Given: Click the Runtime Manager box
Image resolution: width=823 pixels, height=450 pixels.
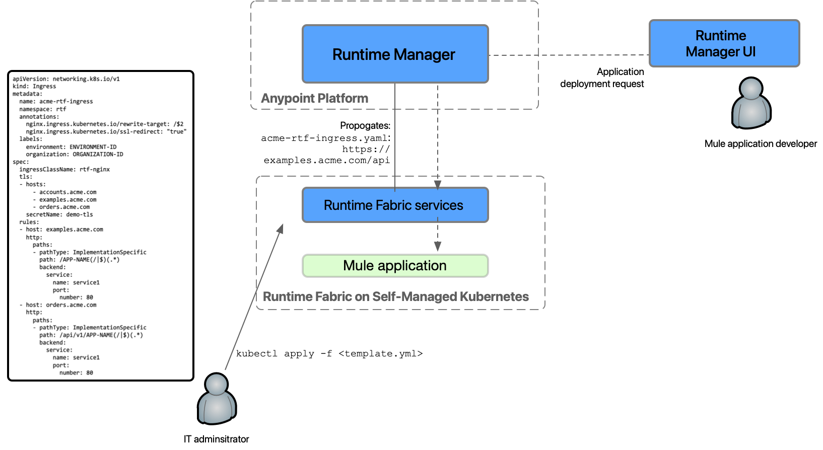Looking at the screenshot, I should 395,54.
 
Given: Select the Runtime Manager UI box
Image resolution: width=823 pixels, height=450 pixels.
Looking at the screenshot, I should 724,43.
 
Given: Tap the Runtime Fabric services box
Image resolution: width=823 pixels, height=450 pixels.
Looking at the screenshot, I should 395,205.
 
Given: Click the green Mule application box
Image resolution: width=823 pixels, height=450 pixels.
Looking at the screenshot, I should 395,266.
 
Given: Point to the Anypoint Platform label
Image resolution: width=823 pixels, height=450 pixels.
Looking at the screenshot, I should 314,98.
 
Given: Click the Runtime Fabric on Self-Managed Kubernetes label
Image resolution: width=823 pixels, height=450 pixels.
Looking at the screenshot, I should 396,296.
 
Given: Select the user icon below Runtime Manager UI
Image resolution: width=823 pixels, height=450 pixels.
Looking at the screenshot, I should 751,103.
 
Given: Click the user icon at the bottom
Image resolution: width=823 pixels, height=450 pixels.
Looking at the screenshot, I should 217,399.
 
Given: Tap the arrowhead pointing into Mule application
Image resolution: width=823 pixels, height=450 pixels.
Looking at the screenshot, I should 438,246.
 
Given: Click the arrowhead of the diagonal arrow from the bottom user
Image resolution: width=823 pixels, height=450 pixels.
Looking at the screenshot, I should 281,229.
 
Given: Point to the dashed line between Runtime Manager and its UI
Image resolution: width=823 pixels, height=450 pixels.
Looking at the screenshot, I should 569,55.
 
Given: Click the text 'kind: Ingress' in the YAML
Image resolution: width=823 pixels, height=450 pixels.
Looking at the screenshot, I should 34,87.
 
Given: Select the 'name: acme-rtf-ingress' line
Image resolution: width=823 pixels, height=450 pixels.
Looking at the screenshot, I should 56,101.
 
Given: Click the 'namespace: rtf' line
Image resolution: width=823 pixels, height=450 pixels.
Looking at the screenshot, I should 43,109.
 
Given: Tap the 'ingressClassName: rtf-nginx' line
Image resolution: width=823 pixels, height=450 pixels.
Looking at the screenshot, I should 64,169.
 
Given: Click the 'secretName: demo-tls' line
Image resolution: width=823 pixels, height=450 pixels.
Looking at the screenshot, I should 59,214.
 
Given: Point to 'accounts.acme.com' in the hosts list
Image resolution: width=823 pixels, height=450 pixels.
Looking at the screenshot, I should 67,192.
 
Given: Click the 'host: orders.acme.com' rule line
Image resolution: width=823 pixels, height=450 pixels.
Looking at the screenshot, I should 61,305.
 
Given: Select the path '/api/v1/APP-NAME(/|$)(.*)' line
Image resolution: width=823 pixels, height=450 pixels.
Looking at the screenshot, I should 91,335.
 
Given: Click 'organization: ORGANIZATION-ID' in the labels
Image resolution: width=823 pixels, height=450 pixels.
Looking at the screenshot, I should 75,154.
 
